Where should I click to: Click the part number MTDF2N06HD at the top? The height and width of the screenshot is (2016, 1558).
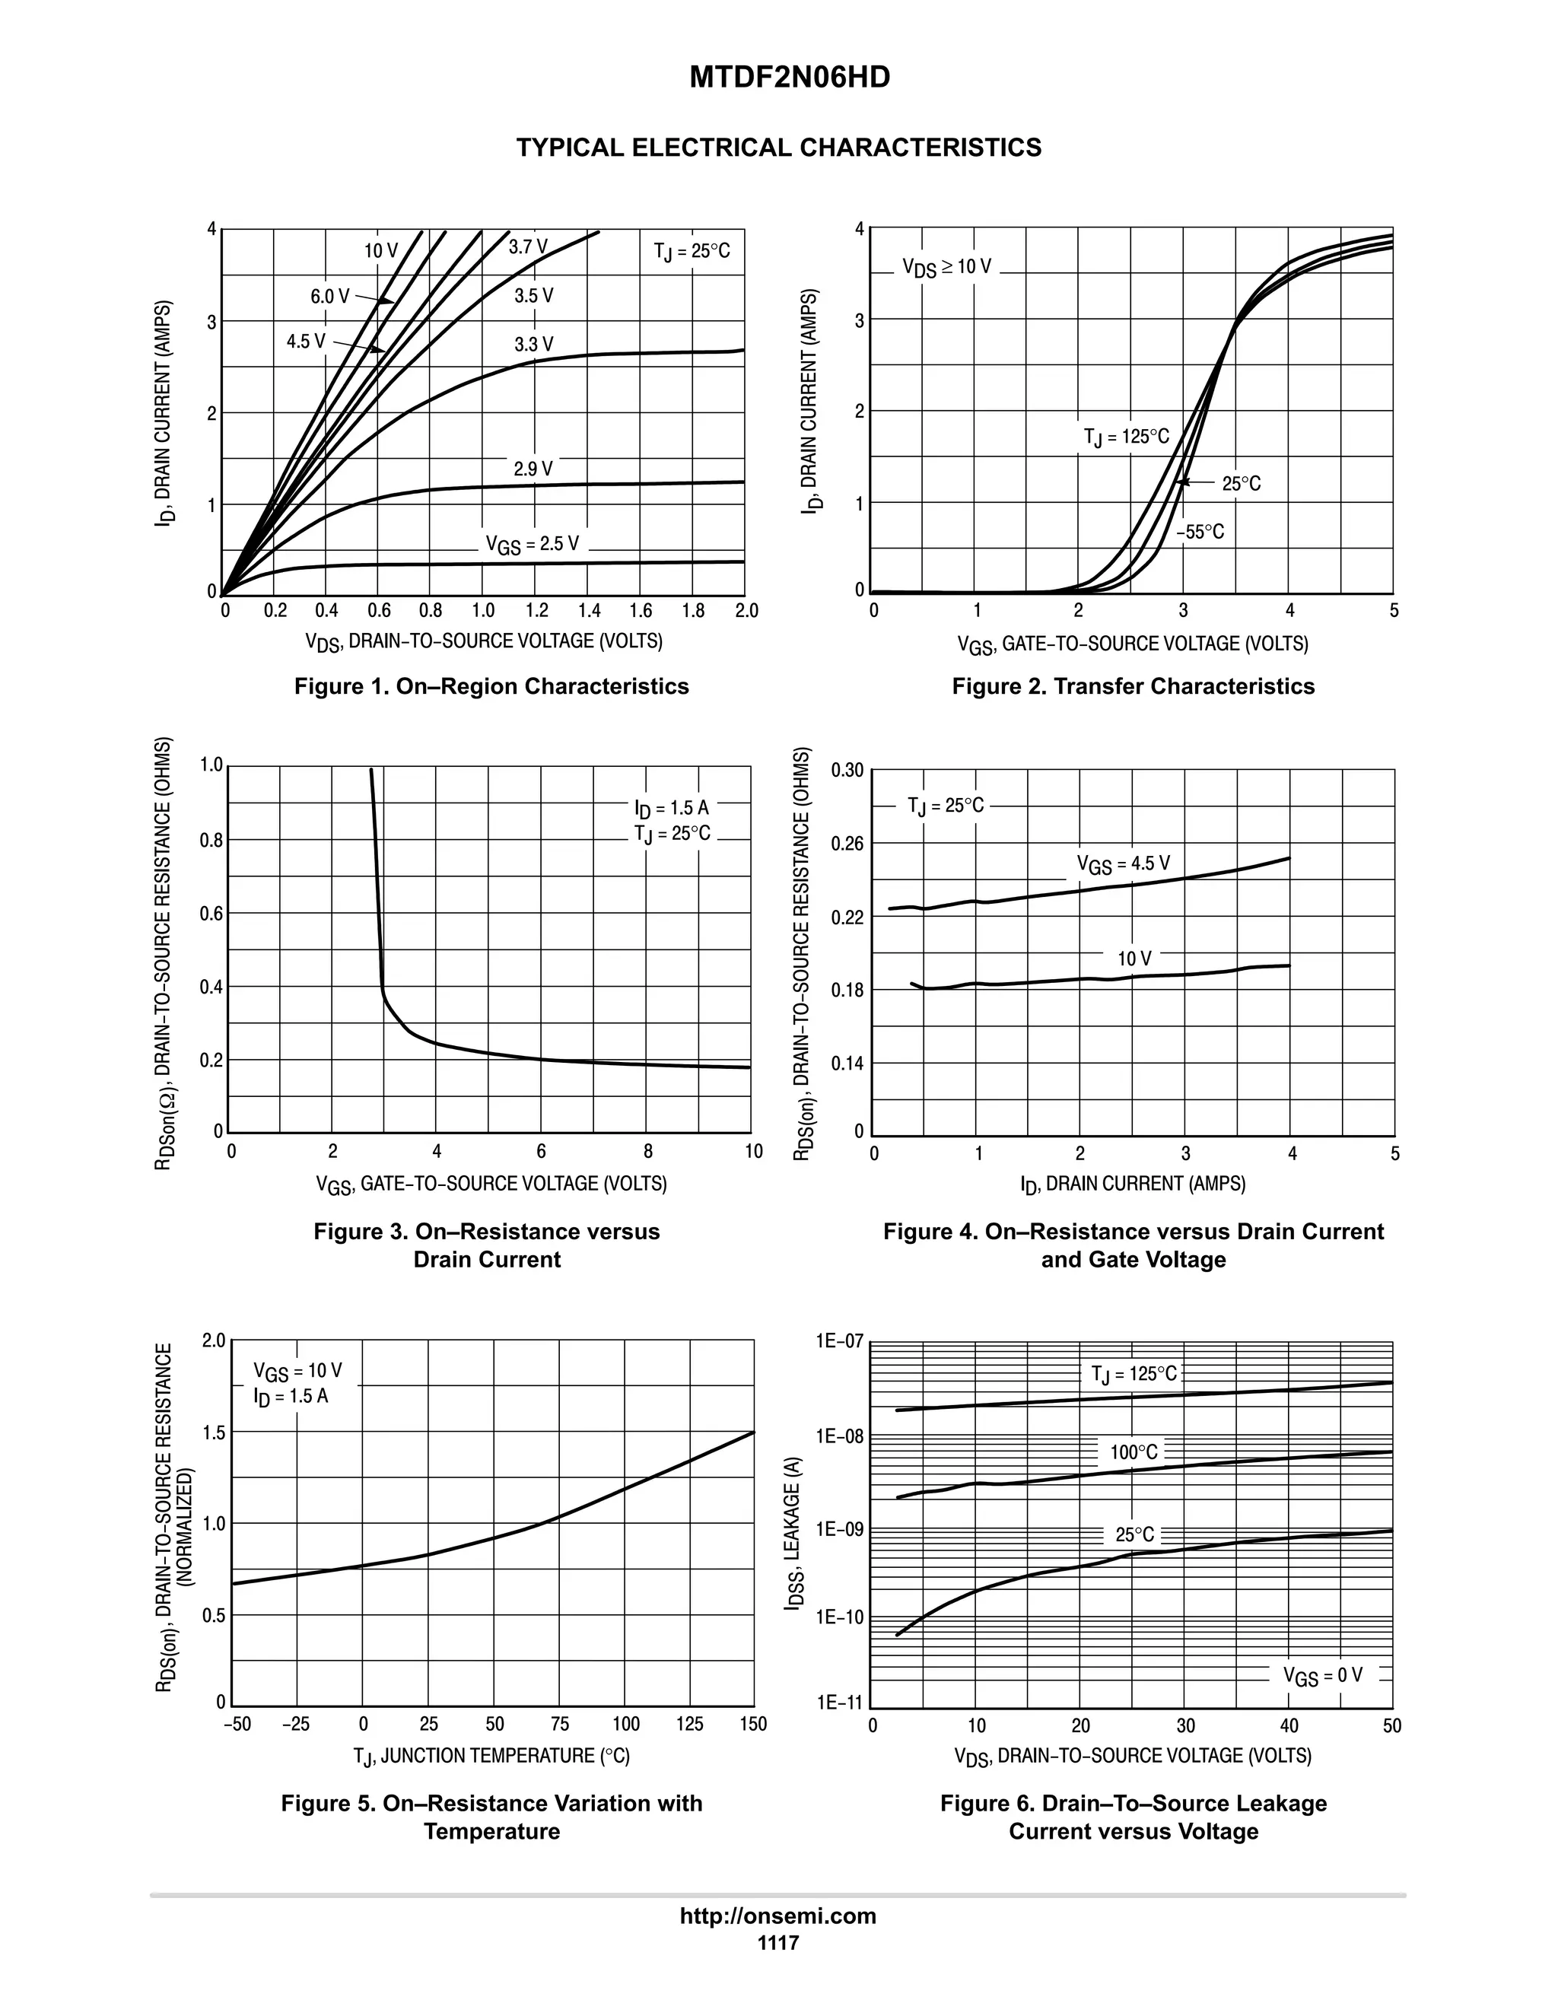coord(789,78)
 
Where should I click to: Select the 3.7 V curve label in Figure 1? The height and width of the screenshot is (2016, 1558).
coord(528,247)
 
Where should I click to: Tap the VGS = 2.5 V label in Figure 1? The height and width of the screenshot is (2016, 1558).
coord(533,545)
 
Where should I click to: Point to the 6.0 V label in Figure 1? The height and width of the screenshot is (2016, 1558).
coord(329,296)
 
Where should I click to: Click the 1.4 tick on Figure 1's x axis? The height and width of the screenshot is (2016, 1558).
coord(589,611)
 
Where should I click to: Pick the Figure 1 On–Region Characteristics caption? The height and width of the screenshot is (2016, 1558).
coord(491,686)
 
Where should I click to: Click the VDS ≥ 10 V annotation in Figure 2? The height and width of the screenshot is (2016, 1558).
coord(947,268)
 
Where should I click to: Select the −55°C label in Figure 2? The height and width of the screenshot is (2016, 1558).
coord(1200,533)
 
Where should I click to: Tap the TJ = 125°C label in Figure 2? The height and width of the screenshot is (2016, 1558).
coord(1126,437)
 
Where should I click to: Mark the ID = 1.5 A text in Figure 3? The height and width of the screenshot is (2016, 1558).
coord(672,809)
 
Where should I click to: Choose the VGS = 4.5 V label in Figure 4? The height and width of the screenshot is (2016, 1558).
coord(1124,864)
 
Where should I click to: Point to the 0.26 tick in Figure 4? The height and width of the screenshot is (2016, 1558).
coord(847,844)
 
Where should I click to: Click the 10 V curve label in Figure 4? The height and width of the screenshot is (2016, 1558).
coord(1134,959)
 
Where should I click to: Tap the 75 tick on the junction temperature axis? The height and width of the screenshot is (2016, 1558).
coord(559,1725)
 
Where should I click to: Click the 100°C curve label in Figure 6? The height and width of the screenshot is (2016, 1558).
coord(1134,1453)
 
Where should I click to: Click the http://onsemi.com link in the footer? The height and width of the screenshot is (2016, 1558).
coord(778,1916)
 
